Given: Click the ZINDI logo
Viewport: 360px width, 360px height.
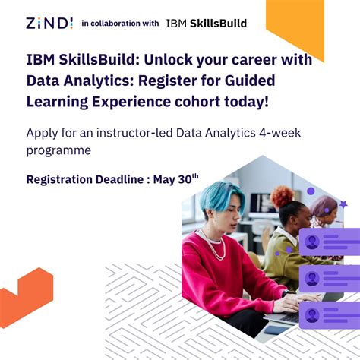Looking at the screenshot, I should pyautogui.click(x=49, y=24).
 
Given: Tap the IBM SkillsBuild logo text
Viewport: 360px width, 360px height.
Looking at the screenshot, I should pyautogui.click(x=206, y=23).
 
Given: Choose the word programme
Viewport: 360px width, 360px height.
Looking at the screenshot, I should pyautogui.click(x=58, y=150).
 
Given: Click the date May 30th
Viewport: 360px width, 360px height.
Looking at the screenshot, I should pyautogui.click(x=175, y=179).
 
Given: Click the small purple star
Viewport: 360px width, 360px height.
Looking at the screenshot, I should pyautogui.click(x=343, y=204).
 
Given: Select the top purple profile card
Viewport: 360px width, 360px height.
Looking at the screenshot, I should pyautogui.click(x=329, y=242).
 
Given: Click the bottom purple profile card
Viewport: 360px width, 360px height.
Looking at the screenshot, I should pyautogui.click(x=329, y=313).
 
